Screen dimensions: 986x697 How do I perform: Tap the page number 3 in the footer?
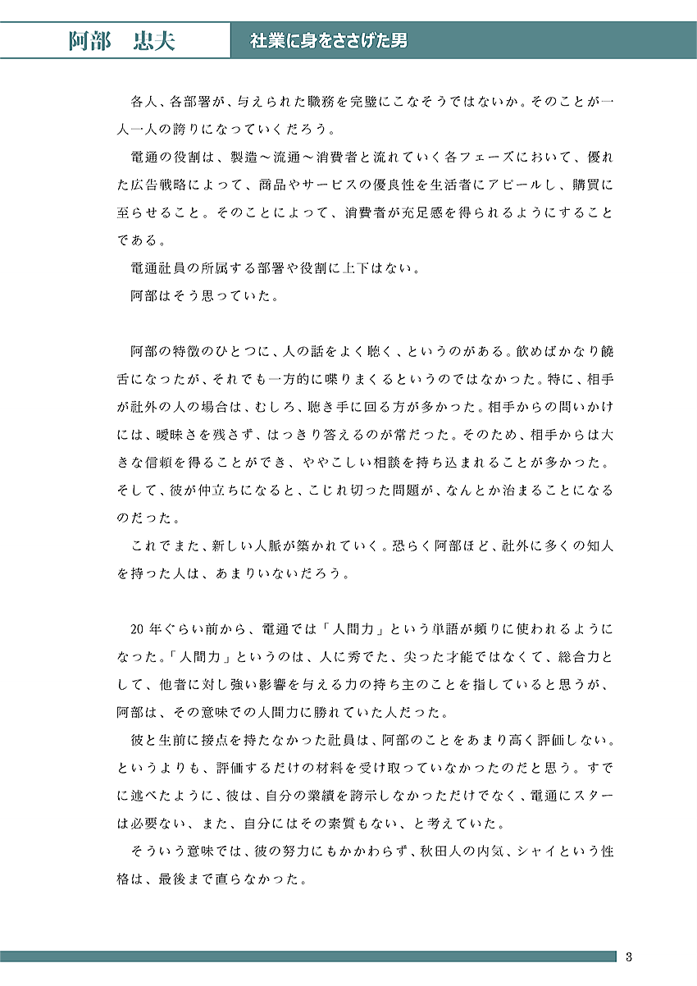coord(628,956)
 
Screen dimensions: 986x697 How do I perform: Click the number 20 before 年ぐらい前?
coord(138,629)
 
